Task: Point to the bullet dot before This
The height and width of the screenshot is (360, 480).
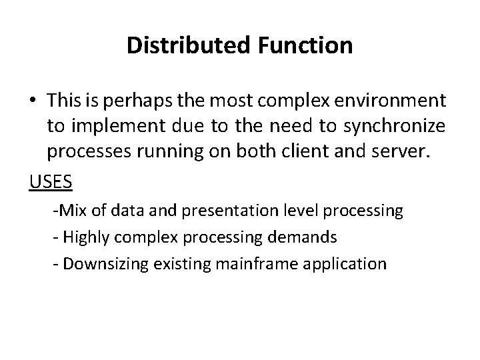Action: coord(34,101)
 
